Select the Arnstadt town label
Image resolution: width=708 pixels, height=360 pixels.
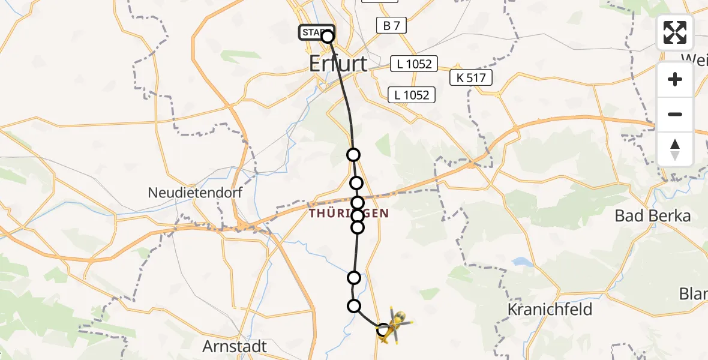pyautogui.click(x=235, y=347)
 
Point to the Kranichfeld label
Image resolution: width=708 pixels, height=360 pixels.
pyautogui.click(x=550, y=310)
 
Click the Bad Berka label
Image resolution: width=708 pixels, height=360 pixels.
pyautogui.click(x=653, y=216)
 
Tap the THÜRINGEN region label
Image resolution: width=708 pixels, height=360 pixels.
pyautogui.click(x=349, y=214)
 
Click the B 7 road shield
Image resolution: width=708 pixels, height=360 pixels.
pyautogui.click(x=391, y=25)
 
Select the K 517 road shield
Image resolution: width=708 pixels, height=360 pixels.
pyautogui.click(x=472, y=77)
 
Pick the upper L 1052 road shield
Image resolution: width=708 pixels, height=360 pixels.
pyautogui.click(x=414, y=64)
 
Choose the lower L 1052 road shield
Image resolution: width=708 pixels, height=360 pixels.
pyautogui.click(x=411, y=95)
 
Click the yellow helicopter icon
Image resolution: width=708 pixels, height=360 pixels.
pyautogui.click(x=395, y=326)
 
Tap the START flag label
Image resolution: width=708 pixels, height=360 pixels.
pyautogui.click(x=314, y=32)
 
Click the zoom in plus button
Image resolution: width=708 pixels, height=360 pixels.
pyautogui.click(x=675, y=79)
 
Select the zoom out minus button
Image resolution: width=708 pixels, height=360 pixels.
pyautogui.click(x=675, y=114)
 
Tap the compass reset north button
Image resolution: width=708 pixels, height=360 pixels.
pyautogui.click(x=675, y=149)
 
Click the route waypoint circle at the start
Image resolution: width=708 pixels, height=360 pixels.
pyautogui.click(x=328, y=37)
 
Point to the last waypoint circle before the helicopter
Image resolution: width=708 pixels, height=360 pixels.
pyautogui.click(x=355, y=306)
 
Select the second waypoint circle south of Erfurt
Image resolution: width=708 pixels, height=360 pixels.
pyautogui.click(x=356, y=183)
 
